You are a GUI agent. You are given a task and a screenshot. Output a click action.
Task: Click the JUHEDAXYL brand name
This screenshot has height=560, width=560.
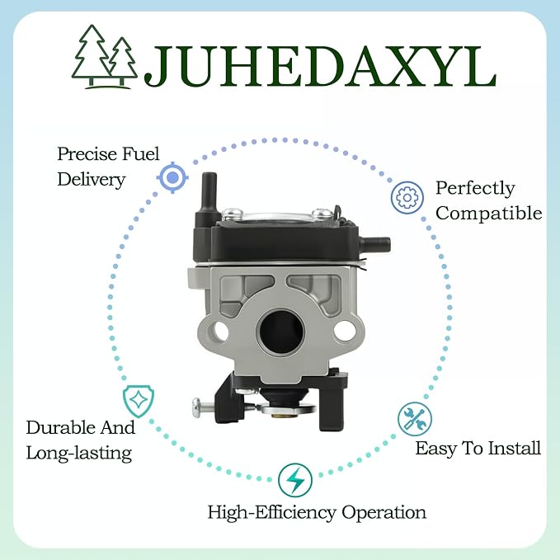[320, 67]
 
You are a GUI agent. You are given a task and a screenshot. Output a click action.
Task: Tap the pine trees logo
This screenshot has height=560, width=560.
[105, 56]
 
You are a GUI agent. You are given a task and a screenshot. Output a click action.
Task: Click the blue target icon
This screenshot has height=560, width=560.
[172, 177]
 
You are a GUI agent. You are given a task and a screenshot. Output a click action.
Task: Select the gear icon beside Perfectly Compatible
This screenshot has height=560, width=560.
[407, 197]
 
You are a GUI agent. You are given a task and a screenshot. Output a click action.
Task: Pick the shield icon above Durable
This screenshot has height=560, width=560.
[139, 401]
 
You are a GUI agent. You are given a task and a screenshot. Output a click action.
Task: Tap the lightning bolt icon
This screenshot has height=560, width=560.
[295, 480]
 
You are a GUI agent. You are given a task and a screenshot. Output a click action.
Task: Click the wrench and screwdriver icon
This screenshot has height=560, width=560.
[415, 419]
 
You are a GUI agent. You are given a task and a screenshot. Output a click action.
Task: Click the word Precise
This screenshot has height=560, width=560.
[87, 154]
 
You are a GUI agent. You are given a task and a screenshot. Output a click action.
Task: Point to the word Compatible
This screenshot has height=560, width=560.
[488, 214]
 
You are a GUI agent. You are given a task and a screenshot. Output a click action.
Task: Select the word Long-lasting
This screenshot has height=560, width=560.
[79, 454]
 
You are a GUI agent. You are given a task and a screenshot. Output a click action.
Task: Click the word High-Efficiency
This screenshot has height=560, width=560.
[272, 513]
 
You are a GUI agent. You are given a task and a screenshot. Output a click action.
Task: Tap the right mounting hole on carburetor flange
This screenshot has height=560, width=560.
[345, 331]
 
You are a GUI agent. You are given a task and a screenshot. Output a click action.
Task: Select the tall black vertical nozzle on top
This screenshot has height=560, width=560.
[209, 194]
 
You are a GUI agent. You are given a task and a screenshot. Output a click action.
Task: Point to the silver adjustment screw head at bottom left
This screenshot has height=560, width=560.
[197, 407]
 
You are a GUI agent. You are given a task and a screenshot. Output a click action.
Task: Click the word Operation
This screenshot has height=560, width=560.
[384, 513]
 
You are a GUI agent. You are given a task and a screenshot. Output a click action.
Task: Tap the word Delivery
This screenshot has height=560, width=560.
[92, 179]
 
